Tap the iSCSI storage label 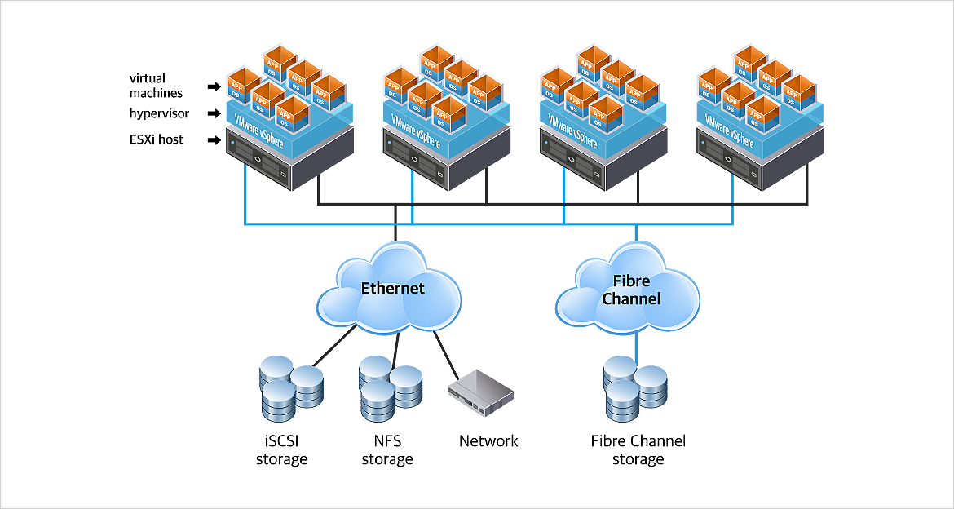[x=281, y=450]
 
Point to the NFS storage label [x=386, y=450]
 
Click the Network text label [x=488, y=441]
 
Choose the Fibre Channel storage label [x=638, y=450]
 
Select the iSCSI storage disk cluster [x=290, y=386]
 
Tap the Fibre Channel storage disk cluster [x=635, y=389]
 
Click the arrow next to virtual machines [x=214, y=86]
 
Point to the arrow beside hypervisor [x=214, y=113]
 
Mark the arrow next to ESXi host [x=214, y=140]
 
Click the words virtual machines [x=157, y=86]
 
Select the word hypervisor [x=159, y=113]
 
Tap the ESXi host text [x=157, y=139]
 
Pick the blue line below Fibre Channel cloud [x=636, y=346]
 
